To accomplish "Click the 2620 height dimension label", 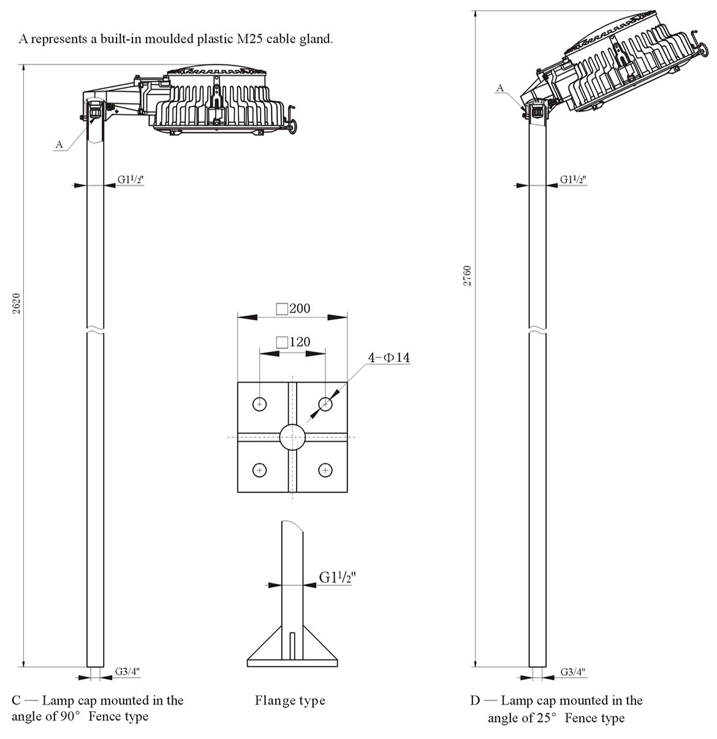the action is tap(17, 304).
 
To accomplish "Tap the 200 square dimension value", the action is tap(300, 308).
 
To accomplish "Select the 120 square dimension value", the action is tap(300, 342).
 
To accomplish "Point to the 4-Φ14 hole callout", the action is tap(389, 358).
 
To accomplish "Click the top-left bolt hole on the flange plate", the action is tap(260, 404).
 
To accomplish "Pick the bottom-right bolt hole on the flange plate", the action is tap(325, 470).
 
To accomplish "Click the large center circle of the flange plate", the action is tap(292, 437).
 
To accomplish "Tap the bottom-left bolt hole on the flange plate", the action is tap(260, 470).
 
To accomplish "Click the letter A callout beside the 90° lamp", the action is tap(59, 144).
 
